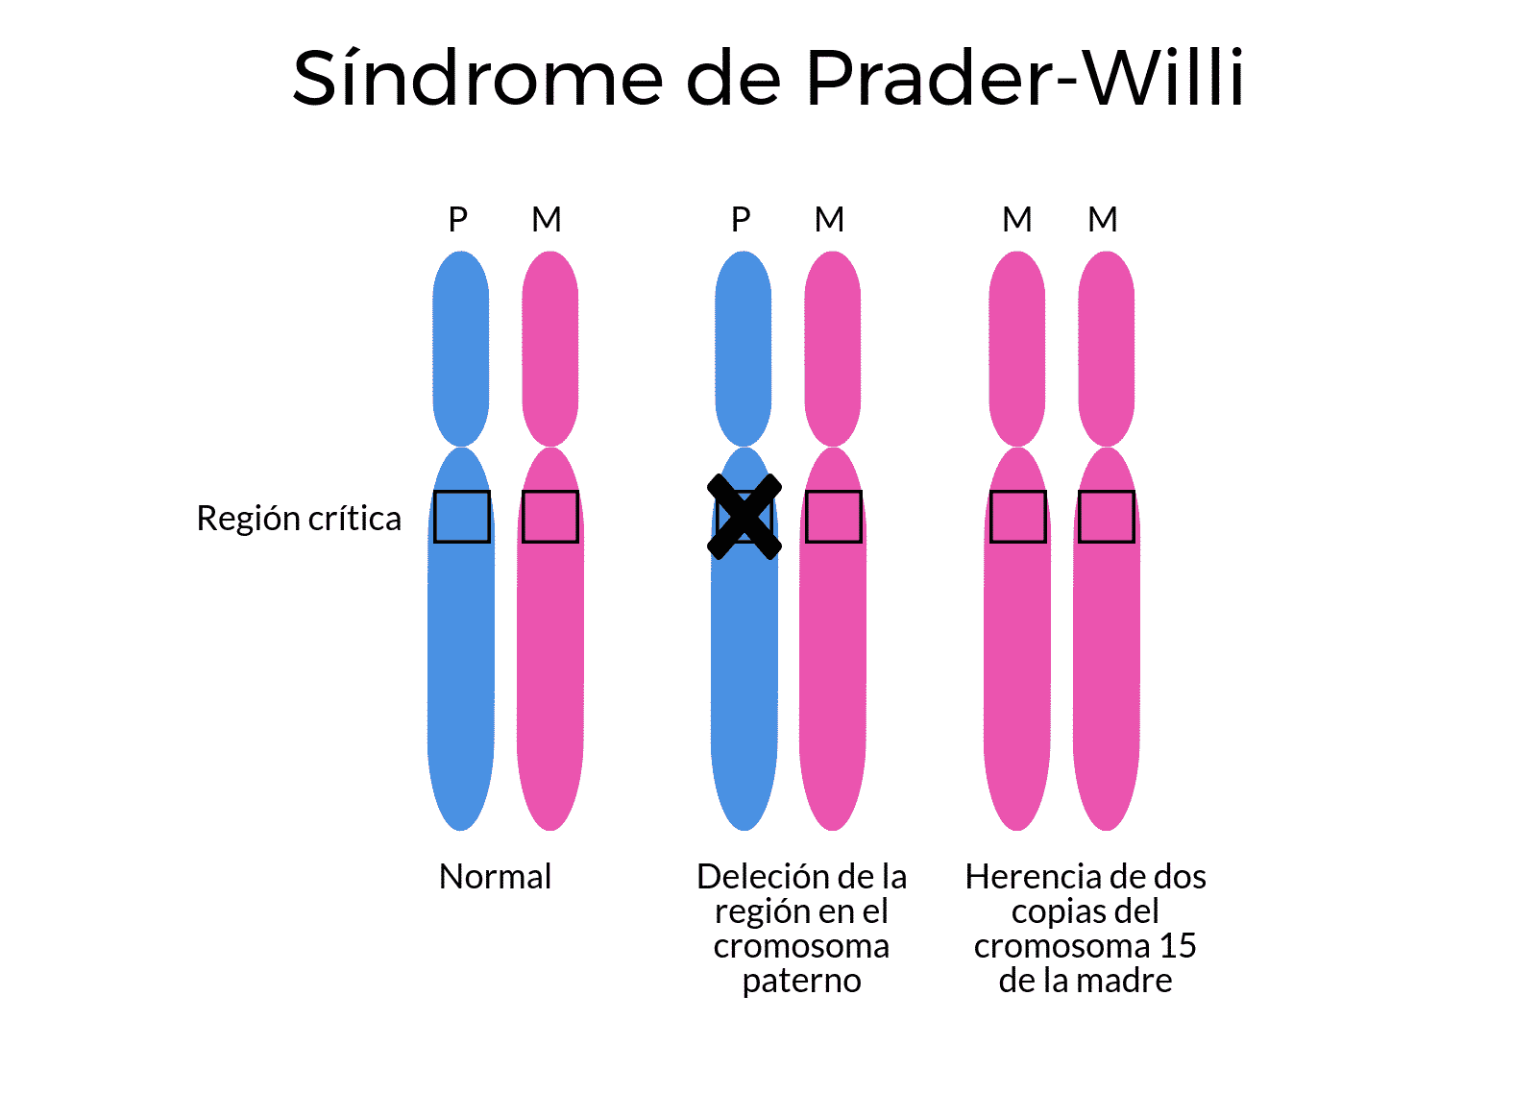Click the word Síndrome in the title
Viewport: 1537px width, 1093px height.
click(x=477, y=77)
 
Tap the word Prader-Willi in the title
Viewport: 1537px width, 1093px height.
click(x=1025, y=77)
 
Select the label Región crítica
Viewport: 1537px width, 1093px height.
click(x=299, y=518)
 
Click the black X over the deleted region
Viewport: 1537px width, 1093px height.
click(x=744, y=517)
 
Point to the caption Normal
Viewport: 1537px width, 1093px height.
click(x=495, y=876)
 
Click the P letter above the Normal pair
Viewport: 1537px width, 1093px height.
click(x=457, y=220)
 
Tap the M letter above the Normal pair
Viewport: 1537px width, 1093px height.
click(x=547, y=220)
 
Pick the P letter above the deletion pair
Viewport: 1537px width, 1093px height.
click(x=741, y=220)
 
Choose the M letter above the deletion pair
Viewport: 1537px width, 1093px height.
click(x=830, y=220)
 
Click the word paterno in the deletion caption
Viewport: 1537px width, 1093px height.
click(x=801, y=982)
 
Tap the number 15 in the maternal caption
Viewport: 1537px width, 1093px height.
click(x=1178, y=945)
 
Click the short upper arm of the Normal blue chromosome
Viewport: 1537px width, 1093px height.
click(x=461, y=349)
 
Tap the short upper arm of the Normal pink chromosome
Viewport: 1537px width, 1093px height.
click(x=550, y=349)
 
